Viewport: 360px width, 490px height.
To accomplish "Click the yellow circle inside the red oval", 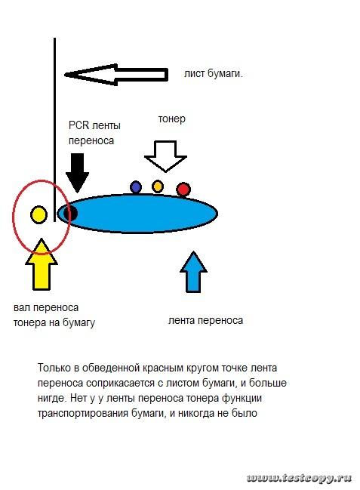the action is [x=38, y=214].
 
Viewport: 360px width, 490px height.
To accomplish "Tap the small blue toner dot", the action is [x=136, y=187].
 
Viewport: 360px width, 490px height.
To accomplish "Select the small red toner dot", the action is [x=183, y=190].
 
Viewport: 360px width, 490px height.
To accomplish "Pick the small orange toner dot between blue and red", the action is [x=158, y=186].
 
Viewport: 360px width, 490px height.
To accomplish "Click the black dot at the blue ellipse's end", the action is [x=70, y=214].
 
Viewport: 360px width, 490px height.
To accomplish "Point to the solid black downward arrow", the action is [x=77, y=172].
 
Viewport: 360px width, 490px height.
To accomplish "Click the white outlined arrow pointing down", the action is [x=165, y=156].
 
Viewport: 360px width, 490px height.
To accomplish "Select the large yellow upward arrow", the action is [x=42, y=264].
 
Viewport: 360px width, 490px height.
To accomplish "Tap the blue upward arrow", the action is [x=193, y=272].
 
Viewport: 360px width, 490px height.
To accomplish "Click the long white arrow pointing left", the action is [x=116, y=75].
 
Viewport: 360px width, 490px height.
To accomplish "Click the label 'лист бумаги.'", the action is [x=214, y=74].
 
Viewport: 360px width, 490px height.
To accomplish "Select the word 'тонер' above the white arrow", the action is [x=171, y=119].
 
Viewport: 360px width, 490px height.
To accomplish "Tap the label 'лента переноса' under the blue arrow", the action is [x=205, y=320].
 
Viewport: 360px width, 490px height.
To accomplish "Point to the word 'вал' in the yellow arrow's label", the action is [x=22, y=307].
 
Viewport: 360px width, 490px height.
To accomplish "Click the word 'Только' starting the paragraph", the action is [x=54, y=368].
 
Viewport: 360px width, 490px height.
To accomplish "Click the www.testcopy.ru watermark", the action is [x=300, y=478].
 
